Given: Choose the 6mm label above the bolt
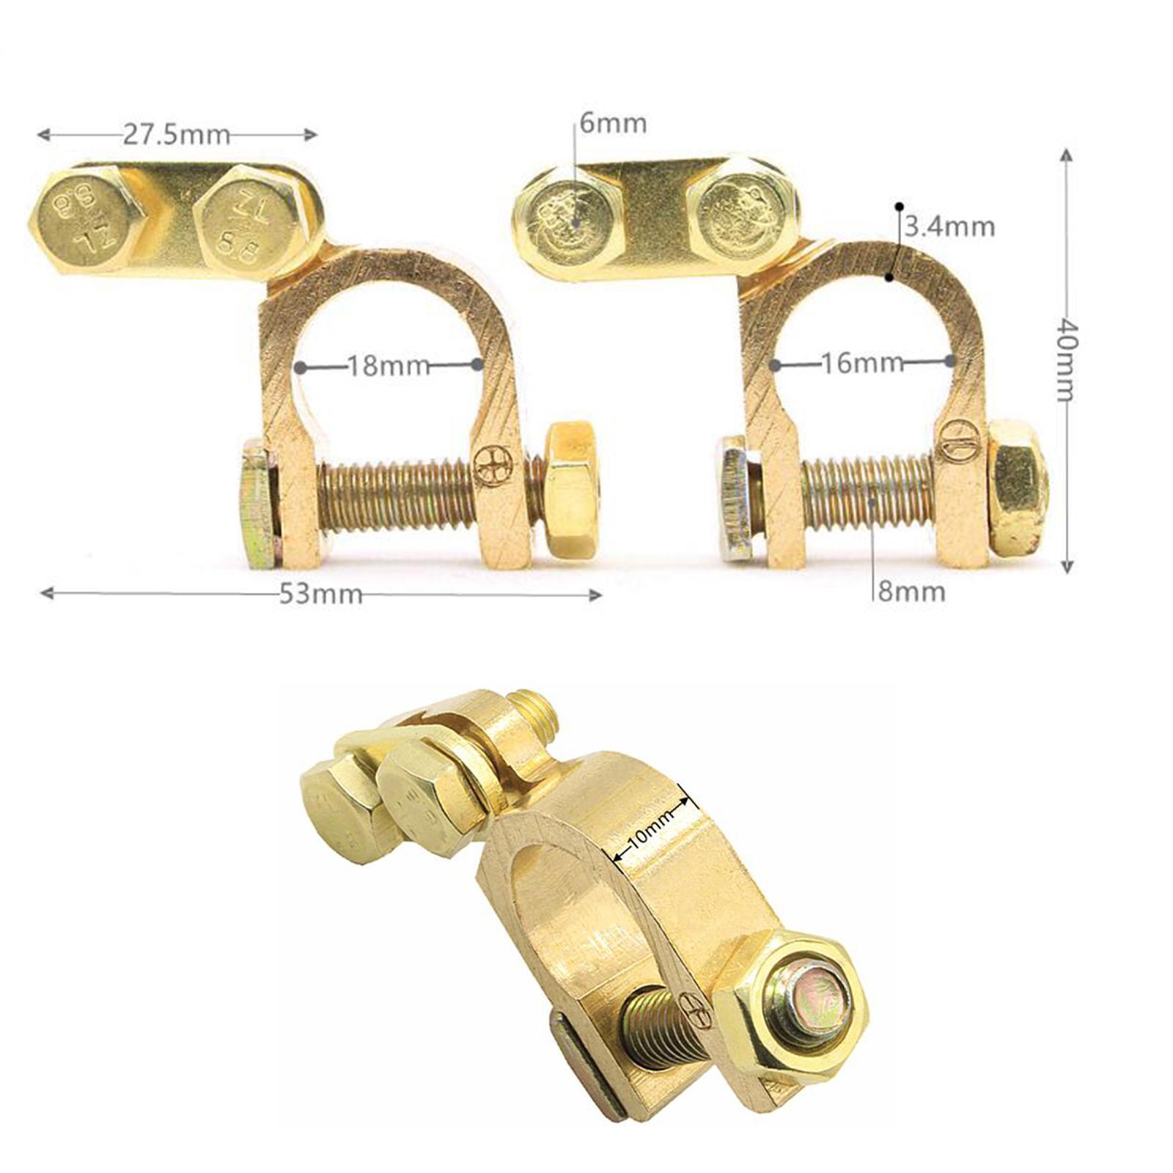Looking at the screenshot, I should (x=613, y=122).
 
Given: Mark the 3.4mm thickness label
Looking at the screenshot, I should (x=950, y=227).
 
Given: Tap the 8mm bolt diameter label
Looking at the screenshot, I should (x=911, y=591).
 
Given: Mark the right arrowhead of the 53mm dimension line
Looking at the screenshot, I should (x=597, y=594).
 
